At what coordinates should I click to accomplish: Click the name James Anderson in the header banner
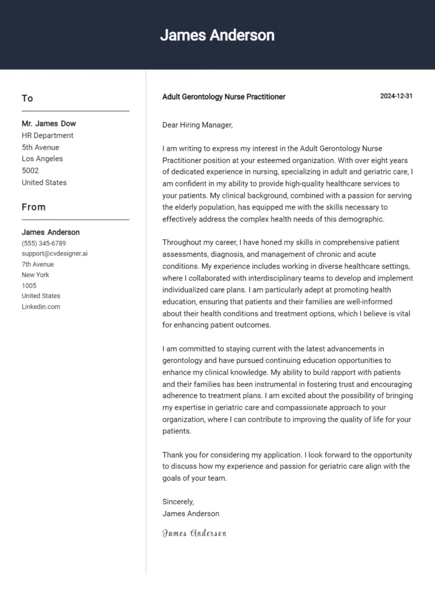click(x=217, y=35)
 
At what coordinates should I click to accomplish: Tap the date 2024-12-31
click(x=396, y=97)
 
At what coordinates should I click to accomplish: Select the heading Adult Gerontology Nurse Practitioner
click(x=223, y=97)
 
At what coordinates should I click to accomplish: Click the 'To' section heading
click(x=27, y=98)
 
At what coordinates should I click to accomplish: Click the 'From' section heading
click(x=33, y=207)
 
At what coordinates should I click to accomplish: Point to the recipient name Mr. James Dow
click(x=49, y=124)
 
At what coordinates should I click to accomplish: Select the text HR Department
click(x=48, y=136)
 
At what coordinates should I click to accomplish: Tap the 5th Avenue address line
click(x=41, y=147)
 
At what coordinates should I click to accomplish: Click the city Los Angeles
click(x=42, y=159)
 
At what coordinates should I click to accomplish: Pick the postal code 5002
click(x=30, y=171)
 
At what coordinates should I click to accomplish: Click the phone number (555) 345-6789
click(x=44, y=243)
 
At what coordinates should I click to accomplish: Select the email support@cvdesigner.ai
click(x=54, y=254)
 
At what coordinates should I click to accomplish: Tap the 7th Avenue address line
click(x=38, y=264)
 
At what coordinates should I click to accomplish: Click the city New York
click(x=35, y=275)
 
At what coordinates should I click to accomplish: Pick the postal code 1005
click(x=29, y=286)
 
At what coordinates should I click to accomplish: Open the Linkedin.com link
click(x=41, y=307)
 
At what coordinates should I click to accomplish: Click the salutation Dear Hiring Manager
click(x=197, y=125)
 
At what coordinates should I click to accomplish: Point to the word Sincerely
click(x=178, y=502)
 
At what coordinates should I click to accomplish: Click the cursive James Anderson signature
click(x=194, y=533)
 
